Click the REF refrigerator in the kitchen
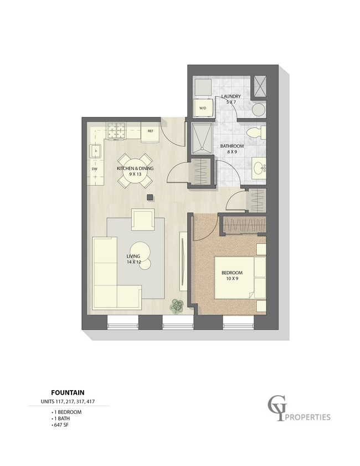[151, 132]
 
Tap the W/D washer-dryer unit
[203, 108]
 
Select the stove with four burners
[116, 131]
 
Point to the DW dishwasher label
[95, 169]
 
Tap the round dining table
[135, 171]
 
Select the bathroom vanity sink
[259, 168]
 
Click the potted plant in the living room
[177, 306]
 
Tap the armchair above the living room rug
[143, 219]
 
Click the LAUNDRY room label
[231, 96]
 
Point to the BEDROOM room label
[232, 273]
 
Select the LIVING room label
[133, 256]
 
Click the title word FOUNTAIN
[68, 393]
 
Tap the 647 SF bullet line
[60, 425]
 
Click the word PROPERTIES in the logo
[308, 417]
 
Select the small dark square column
[150, 197]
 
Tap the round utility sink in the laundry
[259, 110]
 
